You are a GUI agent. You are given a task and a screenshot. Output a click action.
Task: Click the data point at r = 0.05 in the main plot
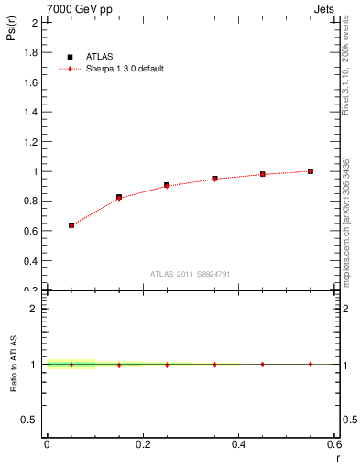tap(71, 224)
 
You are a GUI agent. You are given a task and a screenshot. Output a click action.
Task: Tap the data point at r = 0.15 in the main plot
tap(119, 197)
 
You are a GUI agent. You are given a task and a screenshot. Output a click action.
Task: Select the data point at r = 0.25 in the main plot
tap(167, 185)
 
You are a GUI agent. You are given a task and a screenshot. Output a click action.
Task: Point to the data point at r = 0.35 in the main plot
tap(214, 179)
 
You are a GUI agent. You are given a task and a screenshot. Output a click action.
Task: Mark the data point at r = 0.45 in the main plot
tap(263, 174)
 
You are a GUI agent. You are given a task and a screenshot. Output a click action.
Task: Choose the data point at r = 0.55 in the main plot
tap(311, 171)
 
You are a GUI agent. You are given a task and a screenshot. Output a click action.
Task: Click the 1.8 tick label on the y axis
tap(31, 53)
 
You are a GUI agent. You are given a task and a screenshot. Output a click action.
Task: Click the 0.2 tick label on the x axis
tap(142, 444)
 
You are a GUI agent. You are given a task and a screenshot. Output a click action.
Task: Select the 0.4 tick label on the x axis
tap(238, 444)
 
